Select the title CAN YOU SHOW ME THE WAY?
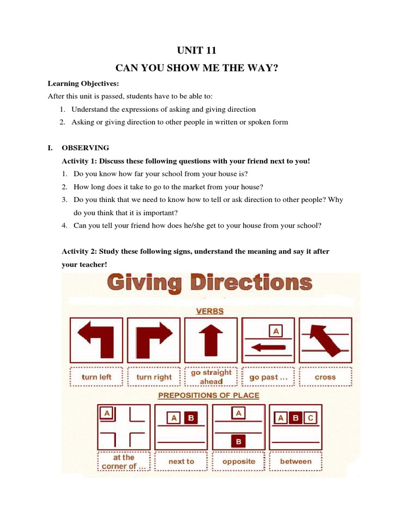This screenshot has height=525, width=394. click(196, 68)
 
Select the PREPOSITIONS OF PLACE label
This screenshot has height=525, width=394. click(208, 395)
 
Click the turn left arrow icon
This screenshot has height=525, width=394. click(96, 339)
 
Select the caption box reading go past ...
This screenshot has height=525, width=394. click(268, 377)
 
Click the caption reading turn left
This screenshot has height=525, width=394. click(96, 377)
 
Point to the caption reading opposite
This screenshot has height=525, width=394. click(239, 461)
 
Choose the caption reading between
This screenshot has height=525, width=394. click(295, 461)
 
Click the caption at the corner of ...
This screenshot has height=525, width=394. click(123, 461)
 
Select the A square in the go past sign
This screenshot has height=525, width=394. click(276, 332)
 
